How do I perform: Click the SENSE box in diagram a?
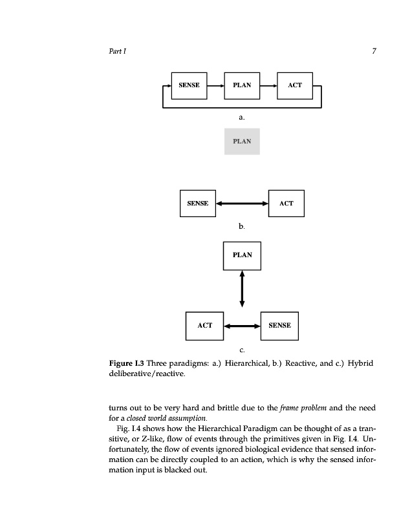click(188, 85)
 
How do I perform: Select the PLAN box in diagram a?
click(241, 85)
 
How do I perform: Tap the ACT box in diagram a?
click(295, 85)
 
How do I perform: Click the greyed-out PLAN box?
click(242, 141)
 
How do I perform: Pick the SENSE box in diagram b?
click(197, 203)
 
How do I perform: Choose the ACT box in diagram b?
click(286, 203)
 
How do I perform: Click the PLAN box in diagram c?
click(242, 255)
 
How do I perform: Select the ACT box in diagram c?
click(204, 325)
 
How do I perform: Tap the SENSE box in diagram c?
click(279, 325)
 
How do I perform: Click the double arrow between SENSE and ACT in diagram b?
click(242, 204)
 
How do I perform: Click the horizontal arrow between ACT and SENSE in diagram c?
click(242, 326)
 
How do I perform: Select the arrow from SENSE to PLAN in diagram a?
click(215, 85)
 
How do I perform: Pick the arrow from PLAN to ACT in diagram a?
click(268, 85)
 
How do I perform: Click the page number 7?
click(374, 51)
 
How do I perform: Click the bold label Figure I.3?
click(126, 363)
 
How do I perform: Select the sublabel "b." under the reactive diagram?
click(241, 227)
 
